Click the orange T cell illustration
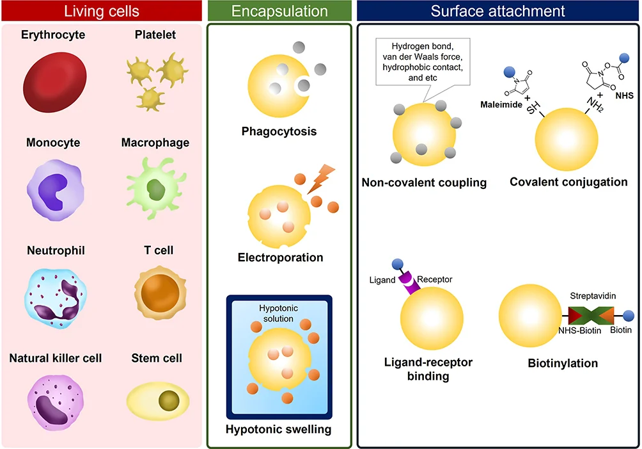tap(155, 292)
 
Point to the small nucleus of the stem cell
tap(169, 400)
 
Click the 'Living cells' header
tap(102, 11)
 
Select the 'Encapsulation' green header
tap(279, 11)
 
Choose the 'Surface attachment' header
tap(497, 11)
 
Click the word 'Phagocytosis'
tap(279, 132)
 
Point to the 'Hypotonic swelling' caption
tap(279, 429)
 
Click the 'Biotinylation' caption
tap(563, 363)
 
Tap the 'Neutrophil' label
tap(56, 250)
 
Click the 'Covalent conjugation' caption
tap(568, 182)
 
